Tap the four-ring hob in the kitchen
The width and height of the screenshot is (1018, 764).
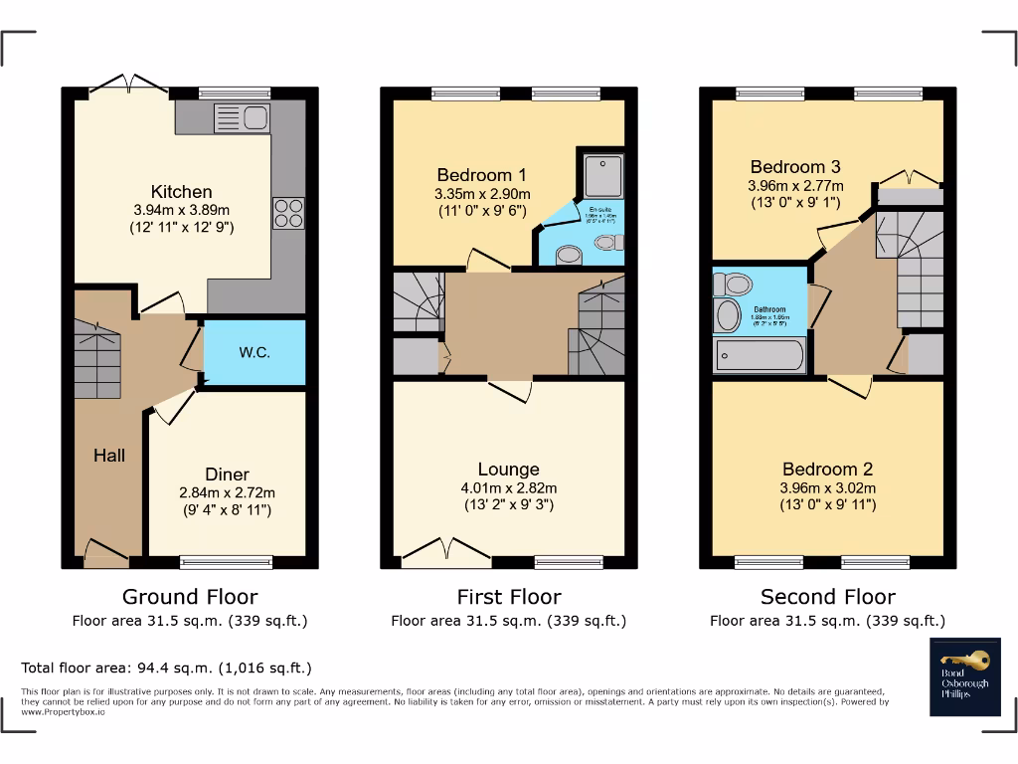coord(288,214)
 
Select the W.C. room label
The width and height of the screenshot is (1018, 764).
coord(254,352)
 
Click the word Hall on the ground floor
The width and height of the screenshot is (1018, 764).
coord(109,456)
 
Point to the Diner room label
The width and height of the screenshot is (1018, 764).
coord(227,475)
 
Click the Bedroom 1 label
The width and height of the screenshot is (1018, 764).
coord(474,175)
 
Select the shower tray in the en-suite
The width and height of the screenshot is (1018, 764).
coord(601,176)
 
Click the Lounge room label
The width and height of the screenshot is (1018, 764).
coord(508,470)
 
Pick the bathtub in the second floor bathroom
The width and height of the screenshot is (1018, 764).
coord(759,356)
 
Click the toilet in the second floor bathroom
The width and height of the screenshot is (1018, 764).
coord(733,286)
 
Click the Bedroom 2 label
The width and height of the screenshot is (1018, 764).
coord(827,470)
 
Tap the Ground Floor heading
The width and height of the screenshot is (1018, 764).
coord(189,597)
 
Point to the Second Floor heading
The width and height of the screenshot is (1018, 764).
coord(827,597)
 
